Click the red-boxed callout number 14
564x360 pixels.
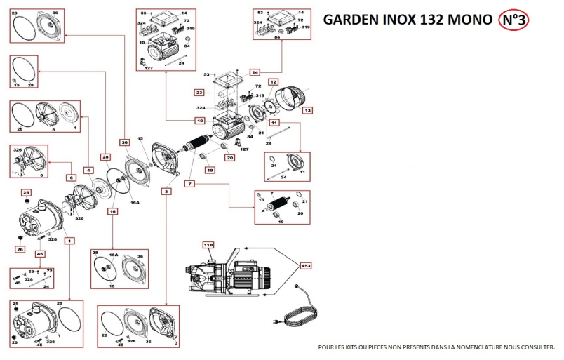pos(255,72)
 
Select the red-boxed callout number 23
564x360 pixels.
pos(199,93)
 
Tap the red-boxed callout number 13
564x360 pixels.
pos(307,110)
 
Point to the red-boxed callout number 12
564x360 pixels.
pos(274,83)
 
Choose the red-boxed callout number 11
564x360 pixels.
pos(274,122)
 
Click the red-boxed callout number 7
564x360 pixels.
pos(189,184)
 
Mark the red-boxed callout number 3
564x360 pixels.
pos(166,191)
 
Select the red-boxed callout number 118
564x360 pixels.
pos(208,244)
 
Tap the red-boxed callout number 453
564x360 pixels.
pos(306,266)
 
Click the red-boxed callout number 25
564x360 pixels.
pos(27,192)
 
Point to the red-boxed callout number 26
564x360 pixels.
pos(20,249)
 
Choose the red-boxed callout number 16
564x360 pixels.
pos(112,211)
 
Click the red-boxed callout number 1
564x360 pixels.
pos(69,240)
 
